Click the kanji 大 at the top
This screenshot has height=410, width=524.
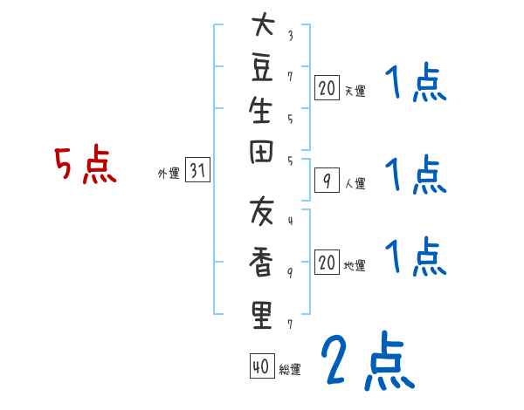262,26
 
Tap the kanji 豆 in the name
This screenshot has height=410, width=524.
262,70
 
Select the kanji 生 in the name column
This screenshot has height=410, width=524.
262,113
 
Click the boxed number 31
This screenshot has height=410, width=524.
198,172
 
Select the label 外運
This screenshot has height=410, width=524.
169,174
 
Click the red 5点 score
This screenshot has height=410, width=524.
86,166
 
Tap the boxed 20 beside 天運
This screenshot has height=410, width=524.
327,87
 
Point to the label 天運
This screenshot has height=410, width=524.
355,90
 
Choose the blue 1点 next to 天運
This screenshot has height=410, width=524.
415,86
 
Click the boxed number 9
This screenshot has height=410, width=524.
327,181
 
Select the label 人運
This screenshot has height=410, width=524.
355,183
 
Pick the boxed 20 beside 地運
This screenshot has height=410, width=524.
327,263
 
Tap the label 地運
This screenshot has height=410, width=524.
355,265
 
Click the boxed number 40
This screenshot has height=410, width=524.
260,367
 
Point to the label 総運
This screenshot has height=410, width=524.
290,370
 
